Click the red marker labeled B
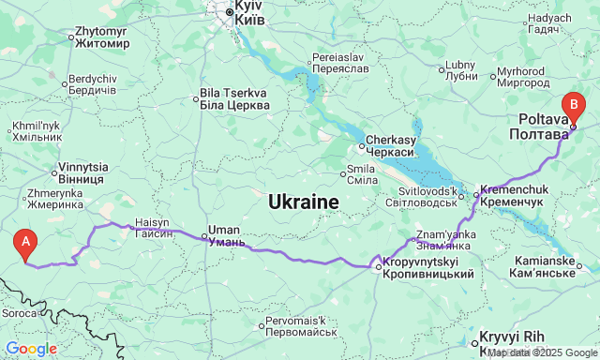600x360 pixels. pos(572,105)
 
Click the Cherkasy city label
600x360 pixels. pos(389,145)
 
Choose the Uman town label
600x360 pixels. pos(225,235)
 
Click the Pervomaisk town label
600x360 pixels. pos(300,326)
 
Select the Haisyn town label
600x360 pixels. pos(154,228)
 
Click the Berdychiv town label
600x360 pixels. pos(91,83)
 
